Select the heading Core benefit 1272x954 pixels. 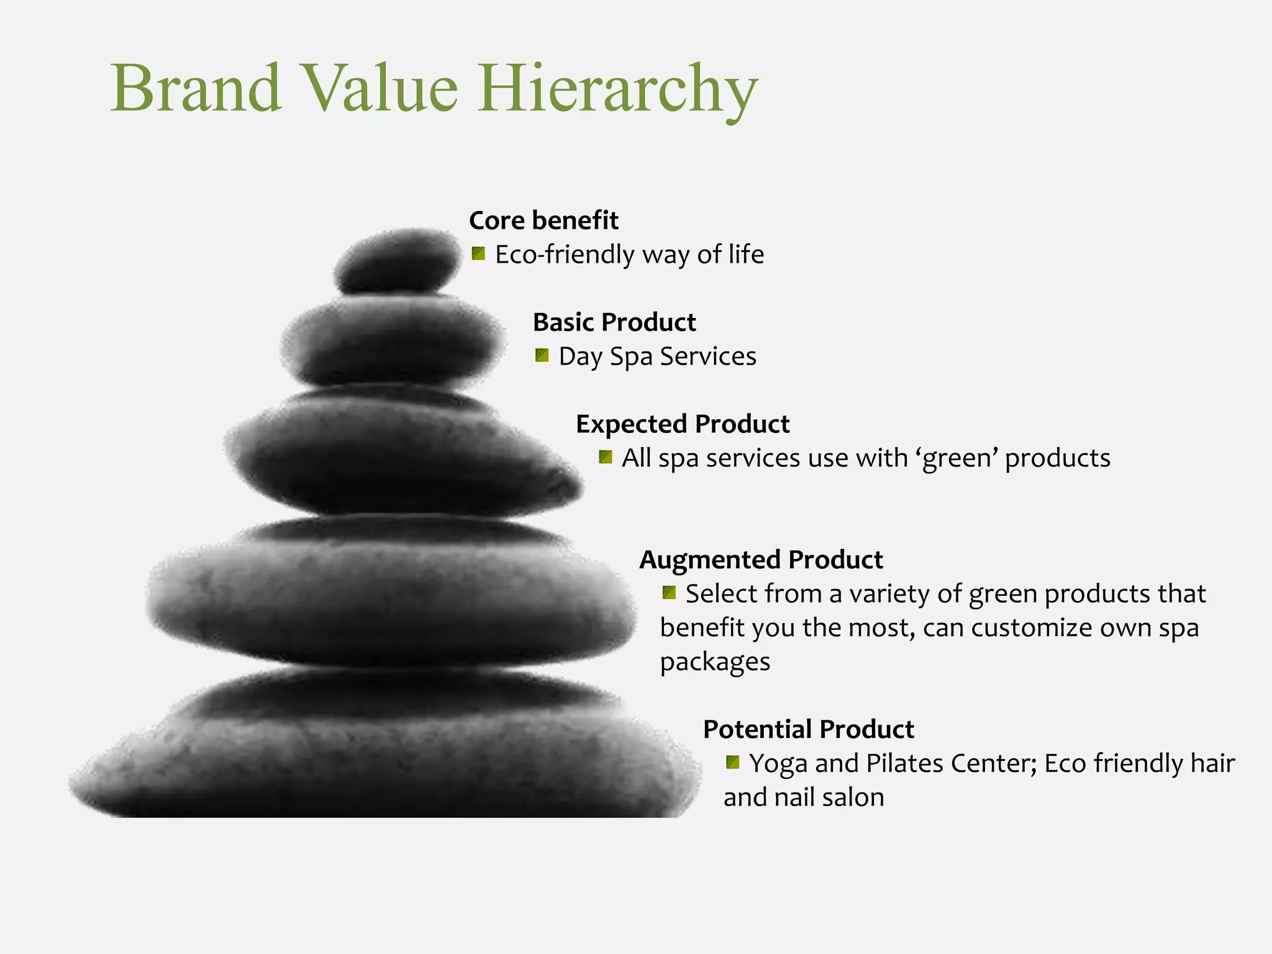[x=543, y=220]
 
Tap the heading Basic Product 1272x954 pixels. [x=614, y=322]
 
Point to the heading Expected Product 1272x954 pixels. [x=683, y=424]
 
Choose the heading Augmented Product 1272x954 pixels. [x=761, y=560]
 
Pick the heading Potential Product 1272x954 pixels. [x=808, y=729]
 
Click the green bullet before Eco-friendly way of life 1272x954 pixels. [x=478, y=253]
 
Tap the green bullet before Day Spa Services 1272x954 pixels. [x=542, y=355]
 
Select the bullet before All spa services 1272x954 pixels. [x=605, y=458]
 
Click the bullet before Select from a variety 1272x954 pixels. [x=669, y=593]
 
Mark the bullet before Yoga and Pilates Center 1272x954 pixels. [x=733, y=762]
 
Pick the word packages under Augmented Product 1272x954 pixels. [x=715, y=662]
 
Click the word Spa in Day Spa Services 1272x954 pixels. [x=631, y=357]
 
